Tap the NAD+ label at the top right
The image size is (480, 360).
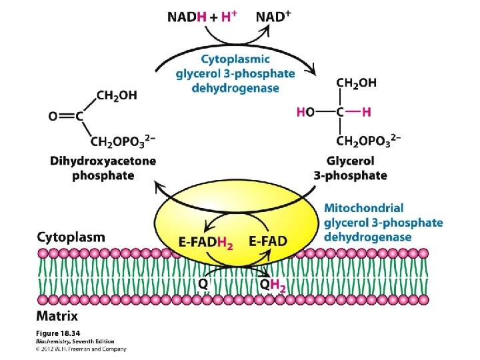point(273,17)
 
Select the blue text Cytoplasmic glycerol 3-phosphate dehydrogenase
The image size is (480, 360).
point(227,74)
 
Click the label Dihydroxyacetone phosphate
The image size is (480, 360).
point(103,168)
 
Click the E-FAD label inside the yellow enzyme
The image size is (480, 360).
point(267,240)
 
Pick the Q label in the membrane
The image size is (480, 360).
point(205,283)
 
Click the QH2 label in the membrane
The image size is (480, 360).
point(273,285)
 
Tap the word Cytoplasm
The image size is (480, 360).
point(71,237)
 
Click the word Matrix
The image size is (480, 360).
point(57,316)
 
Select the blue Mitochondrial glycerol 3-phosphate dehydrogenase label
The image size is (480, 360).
point(383,223)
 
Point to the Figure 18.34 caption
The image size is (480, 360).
point(59,333)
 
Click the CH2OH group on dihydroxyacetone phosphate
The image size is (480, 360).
point(117,96)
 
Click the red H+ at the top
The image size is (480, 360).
point(228,17)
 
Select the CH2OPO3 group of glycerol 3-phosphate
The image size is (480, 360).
point(368,141)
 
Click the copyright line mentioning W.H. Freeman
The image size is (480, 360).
point(81,348)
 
